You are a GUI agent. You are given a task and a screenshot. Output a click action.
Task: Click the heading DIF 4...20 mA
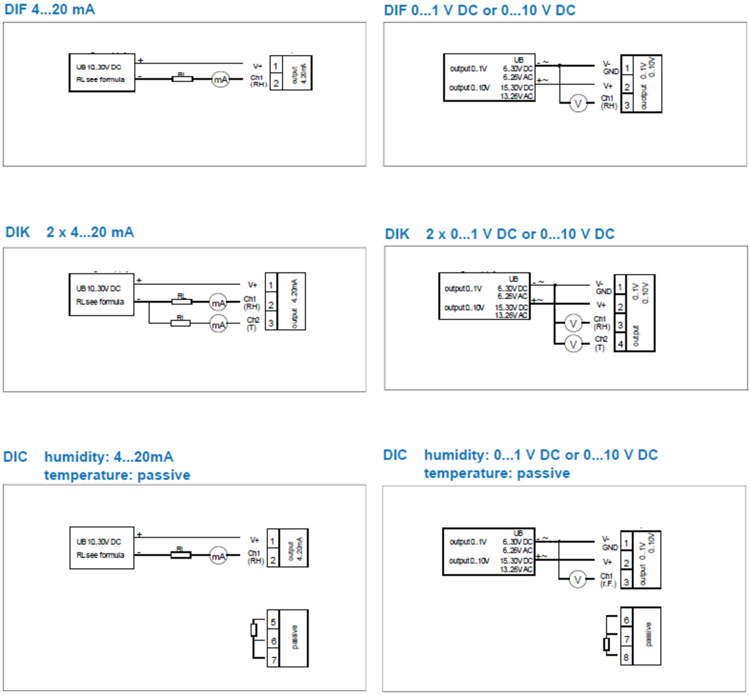pyautogui.click(x=49, y=9)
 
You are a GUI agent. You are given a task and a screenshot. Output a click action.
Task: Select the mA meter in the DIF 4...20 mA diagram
pyautogui.click(x=220, y=79)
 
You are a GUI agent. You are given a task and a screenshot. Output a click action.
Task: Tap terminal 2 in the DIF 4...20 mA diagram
pyautogui.click(x=276, y=83)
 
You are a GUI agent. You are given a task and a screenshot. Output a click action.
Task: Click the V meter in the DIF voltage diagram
pyautogui.click(x=578, y=104)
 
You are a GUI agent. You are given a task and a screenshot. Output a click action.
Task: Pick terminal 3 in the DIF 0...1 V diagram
pyautogui.click(x=627, y=105)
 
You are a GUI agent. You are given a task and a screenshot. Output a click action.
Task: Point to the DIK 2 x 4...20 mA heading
pyautogui.click(x=69, y=232)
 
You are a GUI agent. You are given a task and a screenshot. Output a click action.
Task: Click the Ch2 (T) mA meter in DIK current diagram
pyautogui.click(x=218, y=324)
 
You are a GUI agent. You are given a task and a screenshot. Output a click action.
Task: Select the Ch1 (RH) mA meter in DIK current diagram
pyautogui.click(x=218, y=302)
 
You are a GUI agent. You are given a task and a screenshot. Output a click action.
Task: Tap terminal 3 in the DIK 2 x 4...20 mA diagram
pyautogui.click(x=271, y=323)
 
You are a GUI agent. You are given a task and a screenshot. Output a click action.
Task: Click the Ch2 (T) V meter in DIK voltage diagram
pyautogui.click(x=573, y=344)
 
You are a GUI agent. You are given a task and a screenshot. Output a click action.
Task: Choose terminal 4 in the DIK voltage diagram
pyautogui.click(x=620, y=344)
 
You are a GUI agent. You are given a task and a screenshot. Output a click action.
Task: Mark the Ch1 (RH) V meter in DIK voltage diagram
pyautogui.click(x=573, y=323)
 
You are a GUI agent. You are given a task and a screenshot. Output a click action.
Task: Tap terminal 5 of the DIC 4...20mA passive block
pyautogui.click(x=273, y=622)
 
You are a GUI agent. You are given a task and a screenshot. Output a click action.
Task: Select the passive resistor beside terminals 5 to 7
pyautogui.click(x=254, y=630)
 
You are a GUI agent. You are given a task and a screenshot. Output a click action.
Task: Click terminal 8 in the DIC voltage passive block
pyautogui.click(x=626, y=658)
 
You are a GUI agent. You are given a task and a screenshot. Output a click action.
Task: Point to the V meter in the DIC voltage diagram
pyautogui.click(x=578, y=580)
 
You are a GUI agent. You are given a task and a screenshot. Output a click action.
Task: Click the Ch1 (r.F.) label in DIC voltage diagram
pyautogui.click(x=608, y=580)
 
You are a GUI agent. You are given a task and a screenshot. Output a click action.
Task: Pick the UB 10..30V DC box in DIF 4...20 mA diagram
pyautogui.click(x=102, y=73)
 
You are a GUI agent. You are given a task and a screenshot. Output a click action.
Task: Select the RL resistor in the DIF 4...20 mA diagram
pyautogui.click(x=182, y=78)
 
